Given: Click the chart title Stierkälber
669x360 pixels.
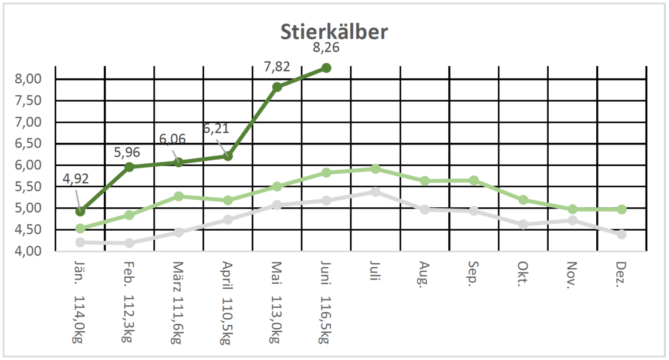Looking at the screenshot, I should point(334,32).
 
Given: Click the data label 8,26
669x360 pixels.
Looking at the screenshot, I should point(327,48).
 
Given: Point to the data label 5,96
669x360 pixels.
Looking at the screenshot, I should point(127,153).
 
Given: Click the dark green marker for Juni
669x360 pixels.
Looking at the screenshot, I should point(326,68).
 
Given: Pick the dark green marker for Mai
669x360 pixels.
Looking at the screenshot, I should point(277,87).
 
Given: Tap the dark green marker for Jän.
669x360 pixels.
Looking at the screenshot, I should point(80,211).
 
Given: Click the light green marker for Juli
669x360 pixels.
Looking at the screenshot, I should point(376,169).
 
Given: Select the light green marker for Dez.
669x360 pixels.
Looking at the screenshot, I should point(621,209).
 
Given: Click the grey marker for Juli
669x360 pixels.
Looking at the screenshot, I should point(376,191).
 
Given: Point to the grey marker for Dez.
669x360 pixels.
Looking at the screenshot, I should point(621,234).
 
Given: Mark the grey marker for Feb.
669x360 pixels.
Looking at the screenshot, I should point(130,243).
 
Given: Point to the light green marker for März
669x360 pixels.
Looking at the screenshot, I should point(179,196).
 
